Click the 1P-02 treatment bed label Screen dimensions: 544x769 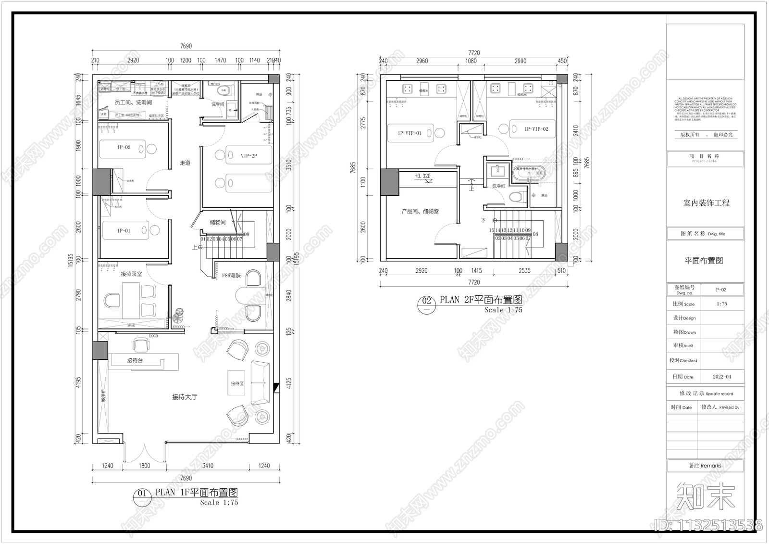pyautogui.click(x=124, y=148)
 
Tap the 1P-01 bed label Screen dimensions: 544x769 pyautogui.click(x=124, y=231)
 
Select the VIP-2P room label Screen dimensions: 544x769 pyautogui.click(x=249, y=156)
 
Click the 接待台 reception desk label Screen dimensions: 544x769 pyautogui.click(x=135, y=360)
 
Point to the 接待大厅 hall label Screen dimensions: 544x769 pyautogui.click(x=185, y=397)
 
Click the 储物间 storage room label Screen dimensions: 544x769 pyautogui.click(x=218, y=223)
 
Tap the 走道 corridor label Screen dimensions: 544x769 pyautogui.click(x=186, y=163)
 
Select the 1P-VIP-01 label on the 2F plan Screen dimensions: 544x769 pyautogui.click(x=409, y=133)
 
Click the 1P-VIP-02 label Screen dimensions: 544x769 pyautogui.click(x=536, y=129)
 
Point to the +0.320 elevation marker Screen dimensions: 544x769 pyautogui.click(x=422, y=176)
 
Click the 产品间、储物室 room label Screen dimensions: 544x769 pyautogui.click(x=420, y=212)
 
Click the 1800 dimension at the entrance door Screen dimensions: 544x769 pyautogui.click(x=144, y=466)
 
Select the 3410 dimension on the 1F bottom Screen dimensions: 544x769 pyautogui.click(x=208, y=466)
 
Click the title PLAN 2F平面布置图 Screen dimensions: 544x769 pyautogui.click(x=481, y=300)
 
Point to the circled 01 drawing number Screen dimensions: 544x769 pyautogui.click(x=142, y=493)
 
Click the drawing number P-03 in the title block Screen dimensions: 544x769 pyautogui.click(x=721, y=290)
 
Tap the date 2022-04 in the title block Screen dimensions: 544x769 pyautogui.click(x=721, y=377)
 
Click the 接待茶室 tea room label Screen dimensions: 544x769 pyautogui.click(x=131, y=274)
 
